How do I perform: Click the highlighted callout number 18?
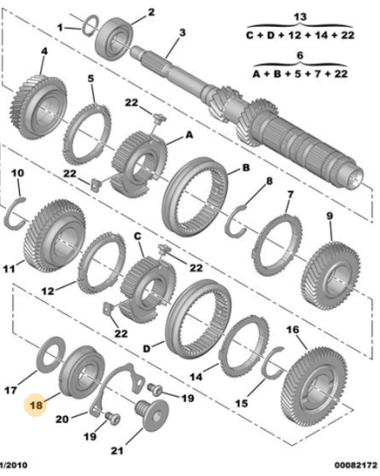tap(36, 405)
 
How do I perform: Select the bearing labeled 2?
tap(114, 39)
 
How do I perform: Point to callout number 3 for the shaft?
tap(182, 33)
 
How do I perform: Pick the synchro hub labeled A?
tap(139, 164)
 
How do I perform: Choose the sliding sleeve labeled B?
tap(195, 196)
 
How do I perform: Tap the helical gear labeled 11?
tap(54, 235)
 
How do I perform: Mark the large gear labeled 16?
tap(314, 387)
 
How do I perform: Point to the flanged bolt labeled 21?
tap(151, 415)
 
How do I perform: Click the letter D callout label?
tap(147, 349)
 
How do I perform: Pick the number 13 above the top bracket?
tap(300, 16)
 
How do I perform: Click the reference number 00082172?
tap(355, 465)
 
